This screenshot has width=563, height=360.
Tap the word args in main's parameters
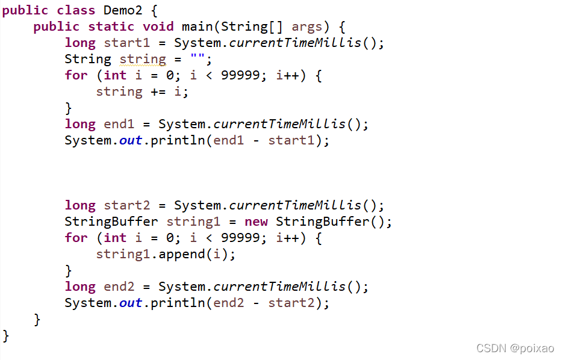[307, 26]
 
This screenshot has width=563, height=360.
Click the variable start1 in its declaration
[131, 43]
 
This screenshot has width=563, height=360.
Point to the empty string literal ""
[197, 59]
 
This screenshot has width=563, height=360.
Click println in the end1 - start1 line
[178, 140]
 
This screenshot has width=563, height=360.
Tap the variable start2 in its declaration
[131, 205]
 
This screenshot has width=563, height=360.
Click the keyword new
[256, 222]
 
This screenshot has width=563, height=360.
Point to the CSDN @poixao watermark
[516, 348]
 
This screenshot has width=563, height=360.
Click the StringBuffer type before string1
[111, 222]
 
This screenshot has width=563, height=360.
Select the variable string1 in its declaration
[193, 222]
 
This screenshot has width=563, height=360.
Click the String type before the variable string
[88, 59]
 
